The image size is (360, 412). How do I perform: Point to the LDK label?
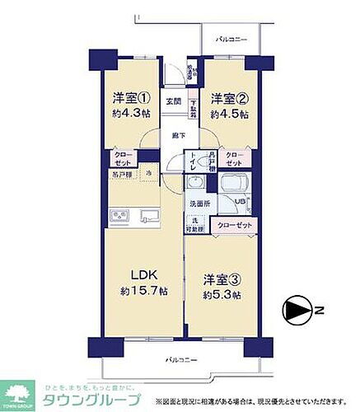(x=134, y=275)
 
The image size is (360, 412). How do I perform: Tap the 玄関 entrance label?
(x=174, y=101)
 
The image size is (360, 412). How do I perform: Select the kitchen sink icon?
(x=148, y=217)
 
